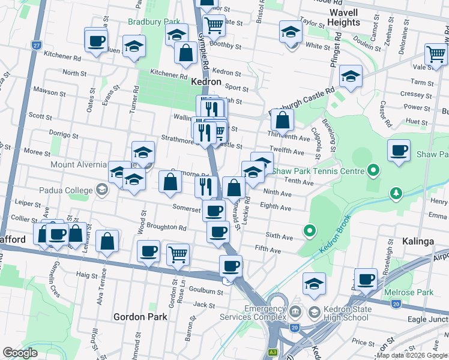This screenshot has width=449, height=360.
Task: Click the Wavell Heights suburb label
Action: click(343, 17)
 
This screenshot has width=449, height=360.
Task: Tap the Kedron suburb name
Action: click(206, 82)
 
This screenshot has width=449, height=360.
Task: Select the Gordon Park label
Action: click(137, 316)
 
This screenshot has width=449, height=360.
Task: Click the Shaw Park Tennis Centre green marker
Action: click(373, 172)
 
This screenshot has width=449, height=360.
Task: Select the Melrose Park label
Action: click(417, 292)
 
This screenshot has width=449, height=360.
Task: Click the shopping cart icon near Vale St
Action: click(436, 54)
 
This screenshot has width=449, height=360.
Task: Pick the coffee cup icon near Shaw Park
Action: click(399, 149)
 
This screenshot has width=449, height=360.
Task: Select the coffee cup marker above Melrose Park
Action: click(366, 279)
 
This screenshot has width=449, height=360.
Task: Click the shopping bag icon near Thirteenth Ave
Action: click(282, 119)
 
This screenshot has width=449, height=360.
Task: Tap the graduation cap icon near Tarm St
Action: click(351, 76)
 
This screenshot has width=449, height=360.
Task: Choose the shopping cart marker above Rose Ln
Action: click(178, 254)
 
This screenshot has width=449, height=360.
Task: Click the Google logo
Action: click(20, 353)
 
